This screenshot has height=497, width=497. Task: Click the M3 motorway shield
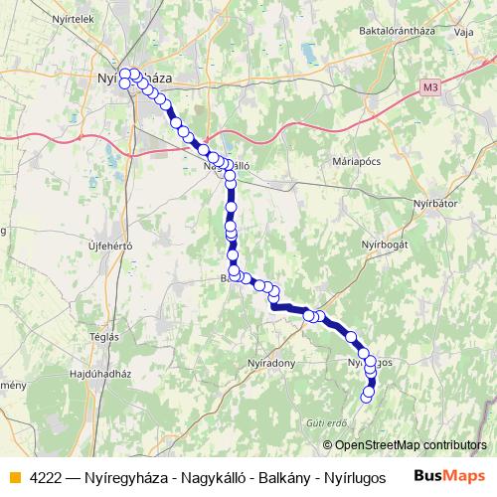coord(428,87)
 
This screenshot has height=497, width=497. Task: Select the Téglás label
coord(103,336)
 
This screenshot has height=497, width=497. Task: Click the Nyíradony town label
coord(271,363)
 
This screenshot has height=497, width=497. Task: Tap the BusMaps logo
coord(443,476)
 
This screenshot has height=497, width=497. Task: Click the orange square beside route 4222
coord(15,477)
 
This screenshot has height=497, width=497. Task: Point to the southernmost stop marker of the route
coord(366,397)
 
